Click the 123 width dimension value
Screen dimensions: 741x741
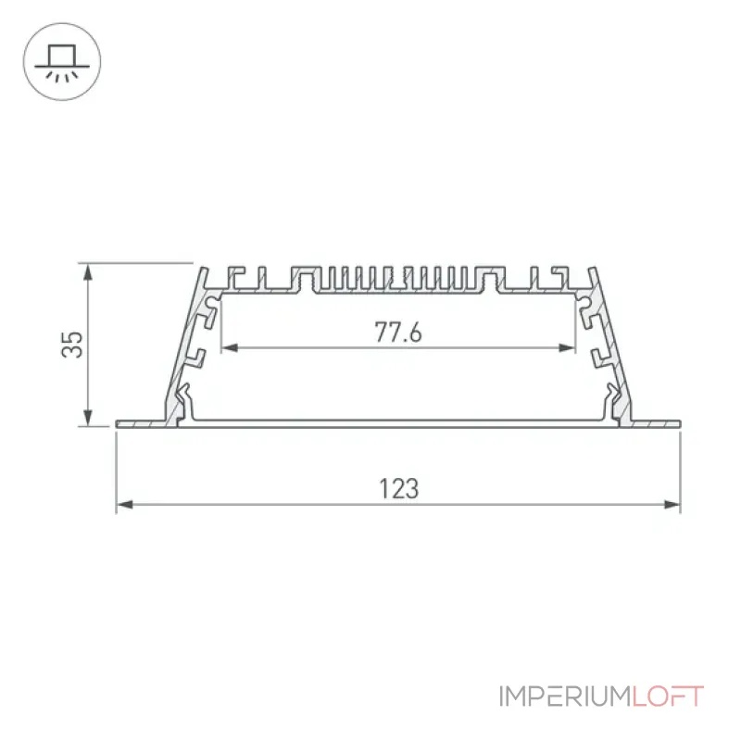[x=399, y=489]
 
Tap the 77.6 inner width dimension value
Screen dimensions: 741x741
[x=398, y=332]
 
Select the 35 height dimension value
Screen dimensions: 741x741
[x=72, y=345]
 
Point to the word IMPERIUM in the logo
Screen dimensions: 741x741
[x=565, y=697]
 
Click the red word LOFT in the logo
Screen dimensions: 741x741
[x=668, y=697]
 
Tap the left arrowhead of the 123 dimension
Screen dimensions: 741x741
[x=124, y=505]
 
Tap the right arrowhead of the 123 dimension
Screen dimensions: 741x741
[x=672, y=505]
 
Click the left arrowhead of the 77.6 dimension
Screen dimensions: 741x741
[x=230, y=348]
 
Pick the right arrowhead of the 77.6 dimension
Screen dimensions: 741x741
[x=567, y=348]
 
